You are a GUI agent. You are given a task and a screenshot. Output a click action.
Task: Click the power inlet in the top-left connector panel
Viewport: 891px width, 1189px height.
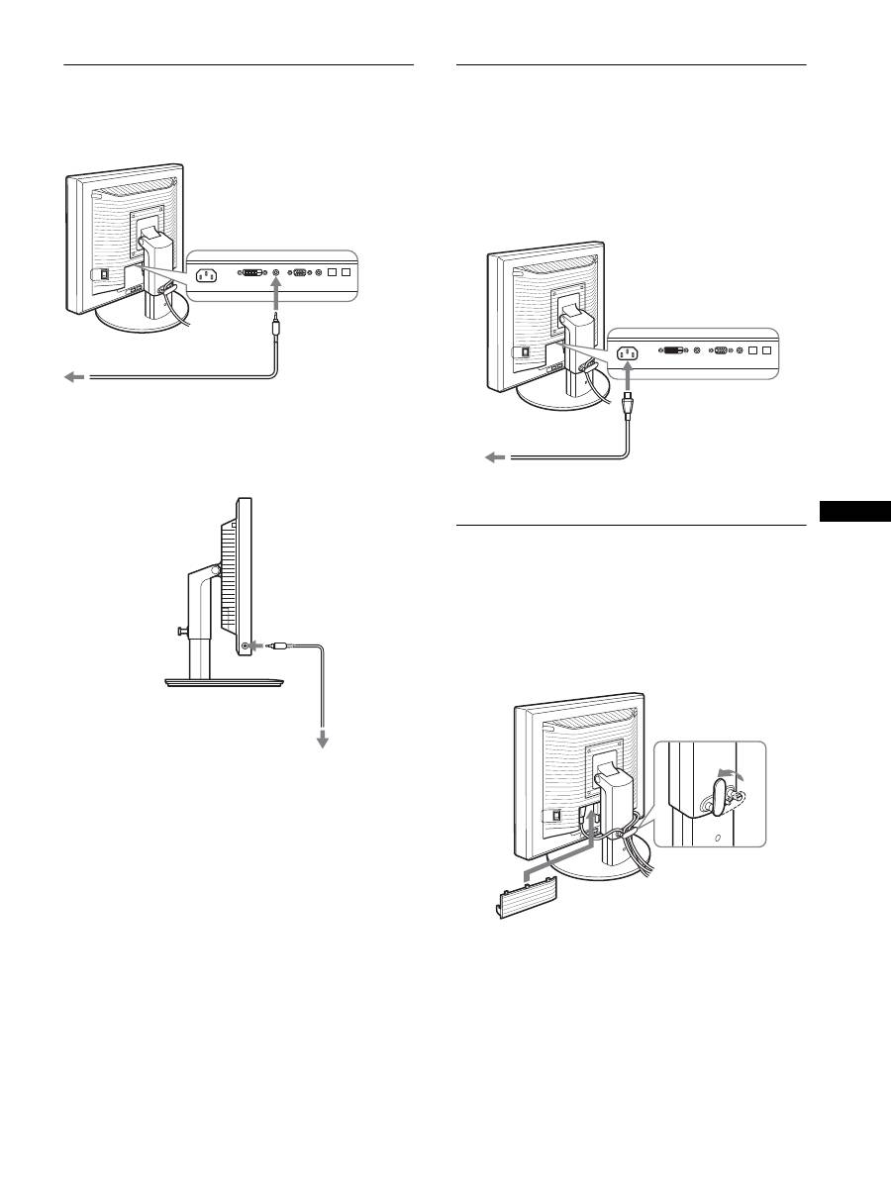tap(209, 277)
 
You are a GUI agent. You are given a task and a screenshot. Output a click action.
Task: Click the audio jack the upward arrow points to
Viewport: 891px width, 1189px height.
tap(277, 270)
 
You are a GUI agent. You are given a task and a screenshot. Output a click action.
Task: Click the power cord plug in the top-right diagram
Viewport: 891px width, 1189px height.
tap(628, 404)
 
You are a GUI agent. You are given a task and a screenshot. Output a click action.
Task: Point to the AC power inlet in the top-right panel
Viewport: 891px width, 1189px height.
tap(628, 352)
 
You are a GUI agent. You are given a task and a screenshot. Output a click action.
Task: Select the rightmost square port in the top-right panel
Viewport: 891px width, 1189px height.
tap(766, 349)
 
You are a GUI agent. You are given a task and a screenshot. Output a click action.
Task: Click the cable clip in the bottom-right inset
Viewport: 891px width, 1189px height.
tap(720, 795)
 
